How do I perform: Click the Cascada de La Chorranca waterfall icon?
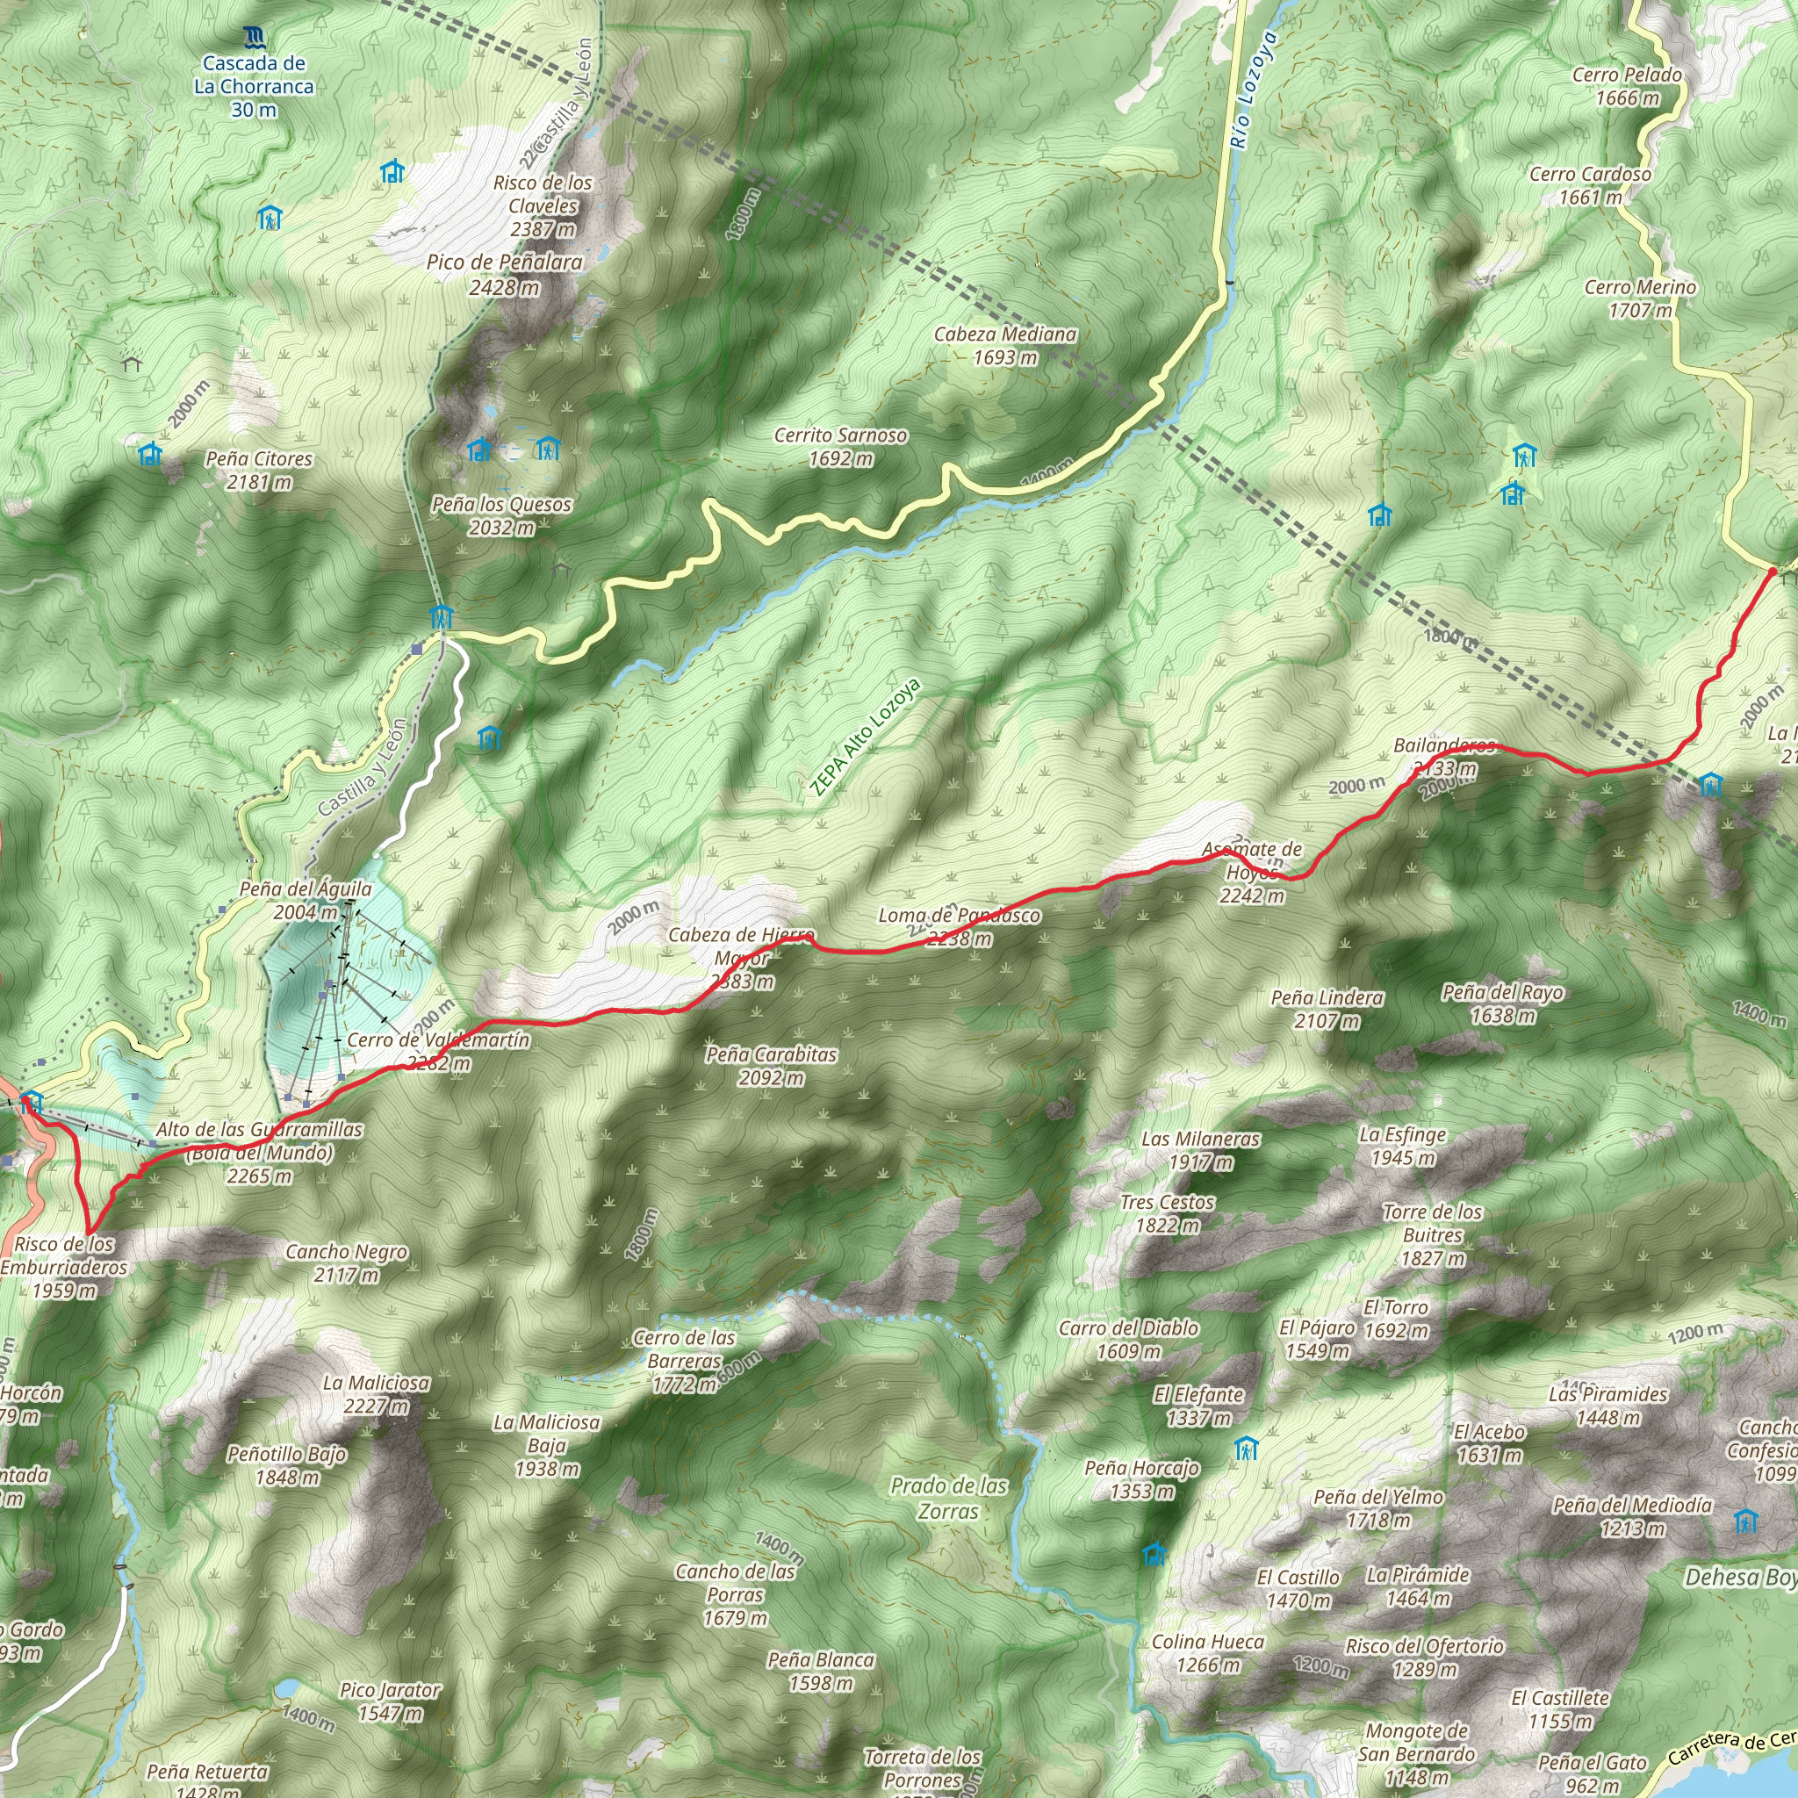pos(254,38)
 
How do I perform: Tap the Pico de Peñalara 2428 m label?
pos(505,275)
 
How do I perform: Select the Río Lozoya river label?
pos(1253,90)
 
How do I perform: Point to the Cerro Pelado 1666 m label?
pos(1627,87)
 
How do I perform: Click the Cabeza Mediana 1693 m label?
pos(1005,345)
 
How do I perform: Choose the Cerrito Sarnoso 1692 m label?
pos(840,447)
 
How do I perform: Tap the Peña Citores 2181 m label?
pos(259,470)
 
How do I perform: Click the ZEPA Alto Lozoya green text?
pos(865,738)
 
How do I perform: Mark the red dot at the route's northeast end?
pos(1772,572)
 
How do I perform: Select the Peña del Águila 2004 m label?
pos(306,900)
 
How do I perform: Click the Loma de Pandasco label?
pos(960,916)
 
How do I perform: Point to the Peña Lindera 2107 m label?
pos(1327,1009)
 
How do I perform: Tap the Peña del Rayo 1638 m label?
pos(1502,1003)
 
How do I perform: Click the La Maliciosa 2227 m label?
pos(376,1394)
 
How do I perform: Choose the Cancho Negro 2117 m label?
pos(346,1262)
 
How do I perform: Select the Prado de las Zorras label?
pos(948,1498)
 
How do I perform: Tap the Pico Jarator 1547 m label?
pos(390,1701)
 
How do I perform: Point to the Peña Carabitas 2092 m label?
pos(771,1066)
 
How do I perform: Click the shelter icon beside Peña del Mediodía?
pos(1746,1521)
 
